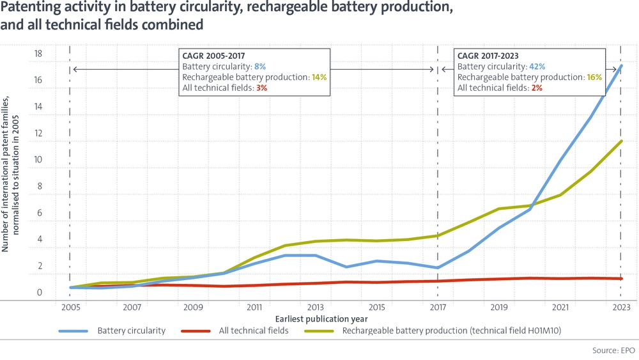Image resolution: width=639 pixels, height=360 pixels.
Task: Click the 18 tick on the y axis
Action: pos(38,54)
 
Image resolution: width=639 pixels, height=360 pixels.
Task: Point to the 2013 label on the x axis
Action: pos(315,307)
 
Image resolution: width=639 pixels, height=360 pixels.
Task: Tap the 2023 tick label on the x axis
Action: pos(621,307)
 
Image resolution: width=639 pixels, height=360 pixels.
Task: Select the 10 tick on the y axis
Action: pos(38,160)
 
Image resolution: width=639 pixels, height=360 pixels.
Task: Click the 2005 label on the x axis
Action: pos(70,307)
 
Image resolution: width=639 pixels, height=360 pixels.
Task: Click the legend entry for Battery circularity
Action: pos(131,331)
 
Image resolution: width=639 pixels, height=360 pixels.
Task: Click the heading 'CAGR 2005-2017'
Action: pos(213,56)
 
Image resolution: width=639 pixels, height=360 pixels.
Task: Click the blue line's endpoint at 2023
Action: pos(621,66)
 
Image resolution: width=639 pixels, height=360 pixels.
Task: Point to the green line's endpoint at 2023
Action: pos(621,141)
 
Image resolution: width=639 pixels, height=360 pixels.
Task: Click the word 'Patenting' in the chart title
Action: pos(32,9)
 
